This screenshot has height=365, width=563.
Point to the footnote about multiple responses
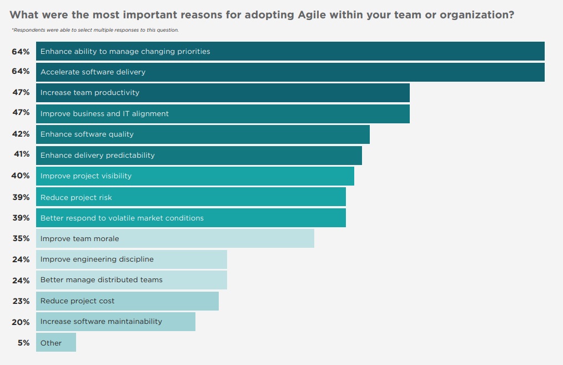(x=95, y=30)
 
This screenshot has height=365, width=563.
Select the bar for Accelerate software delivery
(x=290, y=72)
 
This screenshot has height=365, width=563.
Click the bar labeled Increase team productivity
(x=223, y=93)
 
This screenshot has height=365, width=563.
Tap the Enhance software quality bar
(x=203, y=134)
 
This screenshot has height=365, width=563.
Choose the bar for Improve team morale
(x=175, y=238)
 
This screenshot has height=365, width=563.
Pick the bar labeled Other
(x=56, y=343)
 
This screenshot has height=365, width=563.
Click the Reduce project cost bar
(x=127, y=301)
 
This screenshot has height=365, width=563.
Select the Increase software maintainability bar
(x=115, y=322)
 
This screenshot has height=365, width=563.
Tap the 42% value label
(x=21, y=134)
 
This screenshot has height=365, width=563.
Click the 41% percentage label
(x=22, y=154)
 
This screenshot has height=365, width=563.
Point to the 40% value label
(x=21, y=176)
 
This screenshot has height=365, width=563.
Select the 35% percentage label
(x=21, y=238)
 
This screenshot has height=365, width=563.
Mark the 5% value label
(x=23, y=343)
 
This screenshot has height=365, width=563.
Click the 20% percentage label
(x=21, y=322)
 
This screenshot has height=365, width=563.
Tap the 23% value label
(x=21, y=301)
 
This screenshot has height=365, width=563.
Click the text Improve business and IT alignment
(x=104, y=113)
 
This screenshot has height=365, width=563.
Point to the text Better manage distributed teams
(x=102, y=280)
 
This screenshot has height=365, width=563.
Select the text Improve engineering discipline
(x=97, y=259)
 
